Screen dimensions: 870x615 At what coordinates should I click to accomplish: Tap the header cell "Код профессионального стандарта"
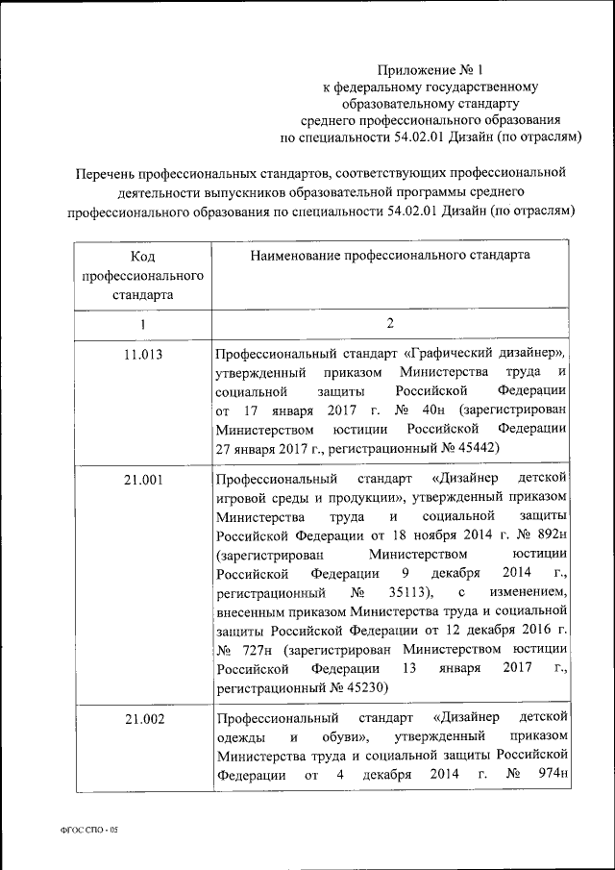[x=142, y=275]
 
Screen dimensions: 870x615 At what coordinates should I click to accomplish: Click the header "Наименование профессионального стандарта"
[x=389, y=257]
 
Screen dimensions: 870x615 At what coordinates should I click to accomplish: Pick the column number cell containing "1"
[x=142, y=324]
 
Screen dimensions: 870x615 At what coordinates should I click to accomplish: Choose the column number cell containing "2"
[x=390, y=324]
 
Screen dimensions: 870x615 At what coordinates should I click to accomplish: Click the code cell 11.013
[x=142, y=355]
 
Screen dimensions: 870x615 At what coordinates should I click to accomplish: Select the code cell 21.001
[x=142, y=478]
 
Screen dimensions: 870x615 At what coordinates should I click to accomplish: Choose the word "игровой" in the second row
[x=242, y=497]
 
